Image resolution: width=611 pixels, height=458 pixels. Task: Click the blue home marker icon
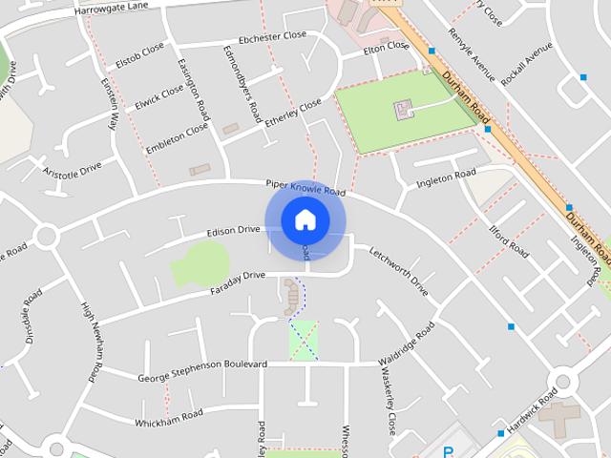click(305, 220)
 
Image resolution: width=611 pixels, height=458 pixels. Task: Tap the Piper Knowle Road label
click(305, 188)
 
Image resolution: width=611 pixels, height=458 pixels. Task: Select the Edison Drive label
click(234, 230)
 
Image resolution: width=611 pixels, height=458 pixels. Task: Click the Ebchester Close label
click(273, 36)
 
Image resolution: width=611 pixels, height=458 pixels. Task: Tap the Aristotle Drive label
click(72, 169)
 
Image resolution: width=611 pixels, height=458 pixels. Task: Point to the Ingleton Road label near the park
click(446, 177)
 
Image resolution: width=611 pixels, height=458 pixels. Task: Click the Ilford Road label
click(509, 240)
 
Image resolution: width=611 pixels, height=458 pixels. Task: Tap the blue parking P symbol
click(448, 452)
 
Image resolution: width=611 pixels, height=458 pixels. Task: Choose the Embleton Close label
click(177, 138)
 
